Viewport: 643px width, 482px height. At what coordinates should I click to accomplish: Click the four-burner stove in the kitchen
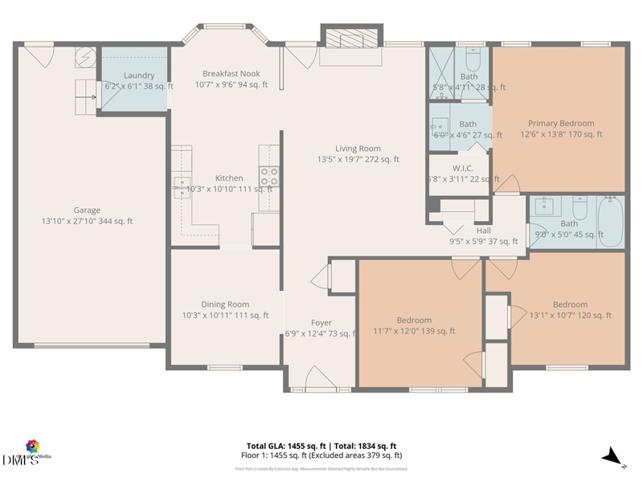pyautogui.click(x=268, y=176)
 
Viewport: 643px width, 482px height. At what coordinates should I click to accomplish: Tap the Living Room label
pyautogui.click(x=358, y=149)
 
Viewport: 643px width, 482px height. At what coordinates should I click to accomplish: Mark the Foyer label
pyautogui.click(x=321, y=323)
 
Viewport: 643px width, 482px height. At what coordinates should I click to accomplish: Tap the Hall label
pyautogui.click(x=483, y=231)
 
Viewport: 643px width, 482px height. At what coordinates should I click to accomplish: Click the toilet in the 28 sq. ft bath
pyautogui.click(x=473, y=61)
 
